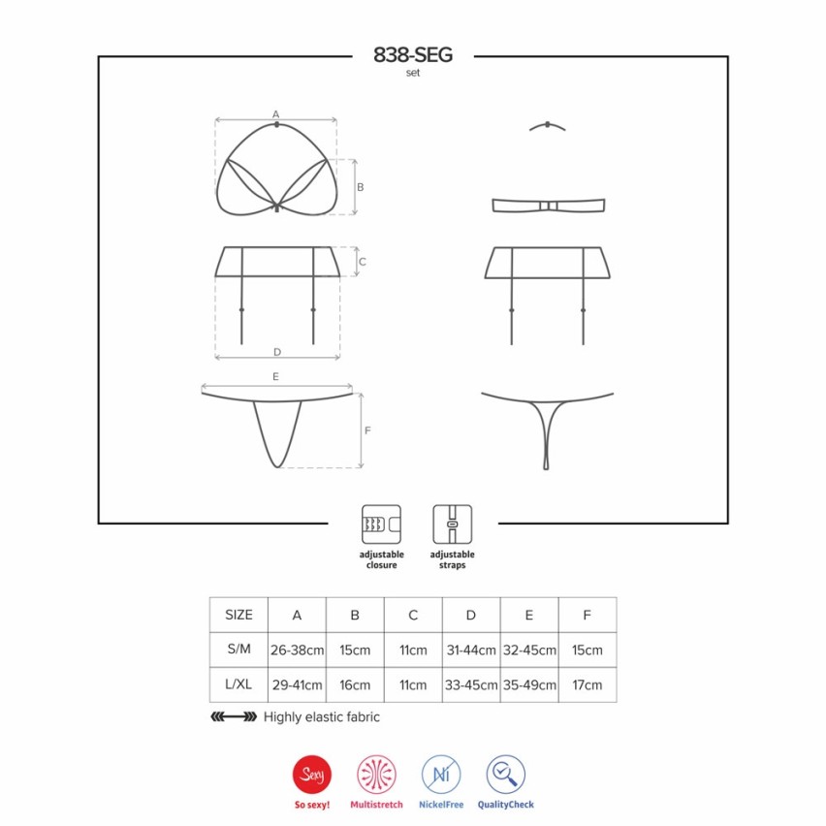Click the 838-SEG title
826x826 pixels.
[413, 55]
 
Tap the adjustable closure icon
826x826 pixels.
[381, 524]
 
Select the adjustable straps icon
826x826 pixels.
[453, 524]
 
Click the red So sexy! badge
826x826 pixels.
[312, 775]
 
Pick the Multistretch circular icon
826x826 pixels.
[377, 775]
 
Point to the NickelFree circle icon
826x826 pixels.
[441, 775]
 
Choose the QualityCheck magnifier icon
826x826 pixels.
[506, 775]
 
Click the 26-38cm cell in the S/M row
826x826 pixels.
[297, 651]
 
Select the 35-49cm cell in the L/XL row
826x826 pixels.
[529, 684]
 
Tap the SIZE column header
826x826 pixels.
[238, 615]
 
